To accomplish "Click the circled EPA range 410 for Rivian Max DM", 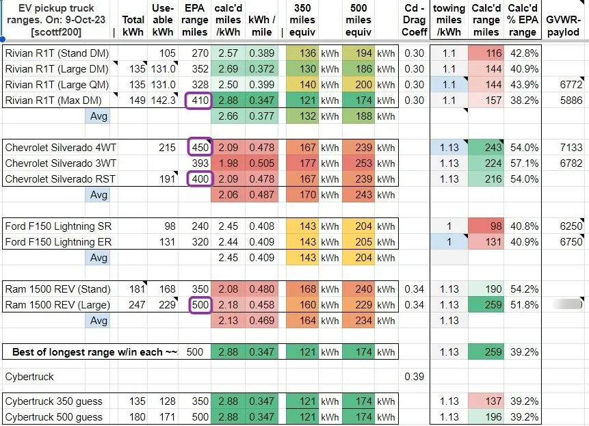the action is tap(198, 101).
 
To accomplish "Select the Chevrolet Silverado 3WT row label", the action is tap(60, 163).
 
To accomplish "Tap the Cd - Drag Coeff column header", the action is tap(415, 20).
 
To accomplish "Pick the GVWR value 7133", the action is tap(571, 148).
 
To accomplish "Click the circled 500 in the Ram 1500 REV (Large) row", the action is tap(200, 305).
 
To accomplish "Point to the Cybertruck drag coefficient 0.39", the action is tap(415, 377).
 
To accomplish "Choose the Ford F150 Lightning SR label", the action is tap(58, 226).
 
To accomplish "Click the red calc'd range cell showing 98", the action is tap(486, 226).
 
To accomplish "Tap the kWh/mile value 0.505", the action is tap(262, 163).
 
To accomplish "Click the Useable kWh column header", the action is tap(163, 20).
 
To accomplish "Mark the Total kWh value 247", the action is tap(137, 305).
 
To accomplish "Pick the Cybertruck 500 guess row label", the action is tap(54, 417).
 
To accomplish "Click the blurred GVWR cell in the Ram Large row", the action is tap(568, 304).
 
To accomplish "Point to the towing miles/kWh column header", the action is tap(449, 20).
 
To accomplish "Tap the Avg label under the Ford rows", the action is tap(99, 258).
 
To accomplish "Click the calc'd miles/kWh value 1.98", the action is tap(228, 163).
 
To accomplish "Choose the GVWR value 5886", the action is tap(571, 101).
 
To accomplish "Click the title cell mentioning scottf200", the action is tap(56, 20).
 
